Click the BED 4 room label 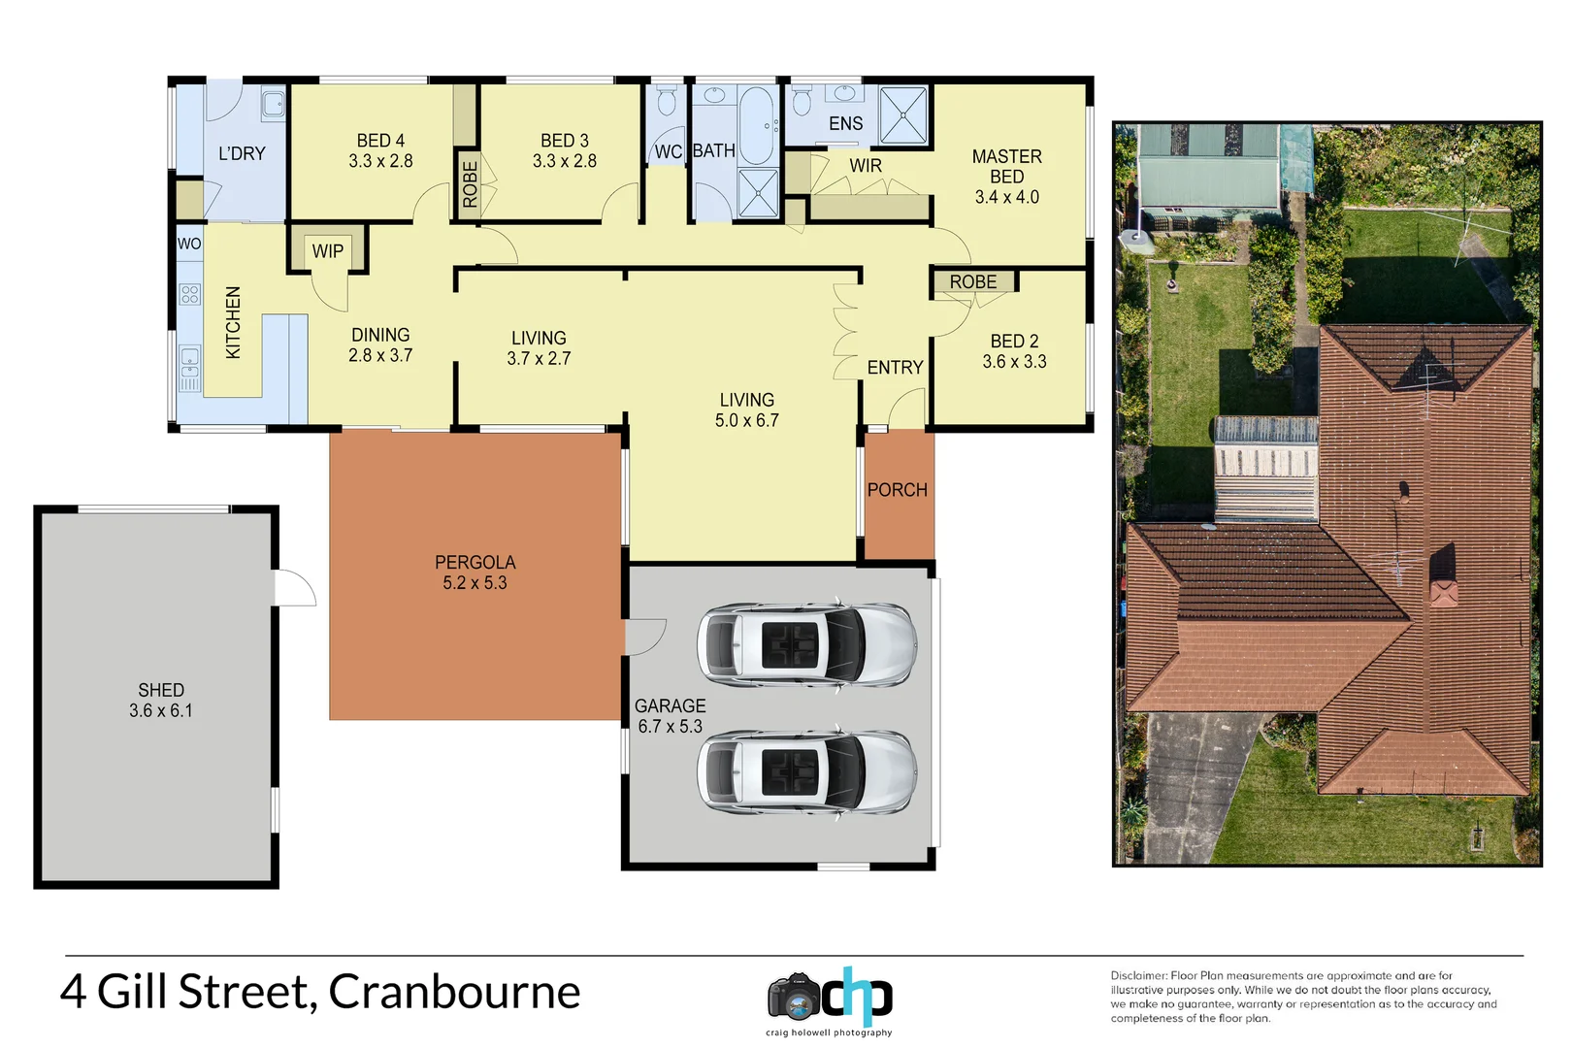[x=380, y=142]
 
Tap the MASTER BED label [x=1006, y=166]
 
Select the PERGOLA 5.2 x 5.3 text [x=475, y=573]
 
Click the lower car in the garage [x=806, y=772]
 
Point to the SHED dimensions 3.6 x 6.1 [x=161, y=711]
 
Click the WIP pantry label [x=328, y=251]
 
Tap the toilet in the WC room [x=667, y=101]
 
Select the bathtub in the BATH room [x=757, y=125]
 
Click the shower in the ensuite [x=904, y=115]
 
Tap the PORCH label [x=898, y=490]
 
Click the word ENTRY [x=895, y=368]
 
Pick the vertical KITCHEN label [x=233, y=322]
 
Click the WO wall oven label [x=189, y=244]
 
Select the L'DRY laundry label [x=242, y=153]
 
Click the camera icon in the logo [x=795, y=997]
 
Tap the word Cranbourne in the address [x=454, y=993]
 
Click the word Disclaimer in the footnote [x=1138, y=976]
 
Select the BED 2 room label [x=1014, y=342]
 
